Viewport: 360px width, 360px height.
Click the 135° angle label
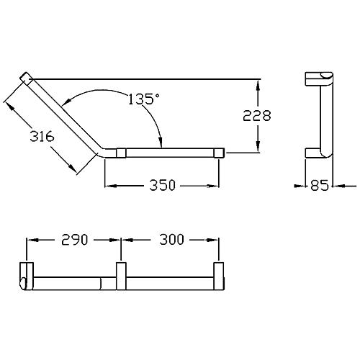(144, 99)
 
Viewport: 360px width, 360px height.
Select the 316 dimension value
(42, 137)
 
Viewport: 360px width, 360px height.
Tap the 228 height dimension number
(257, 115)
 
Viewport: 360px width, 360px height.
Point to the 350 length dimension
(163, 185)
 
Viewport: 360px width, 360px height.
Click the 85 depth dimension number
(319, 185)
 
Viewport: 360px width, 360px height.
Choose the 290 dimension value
(75, 240)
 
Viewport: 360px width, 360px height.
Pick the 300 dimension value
(172, 240)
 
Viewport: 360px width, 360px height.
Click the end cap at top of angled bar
(24, 77)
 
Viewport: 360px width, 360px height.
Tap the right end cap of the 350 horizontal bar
(219, 153)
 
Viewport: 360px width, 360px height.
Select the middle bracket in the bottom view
(121, 276)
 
